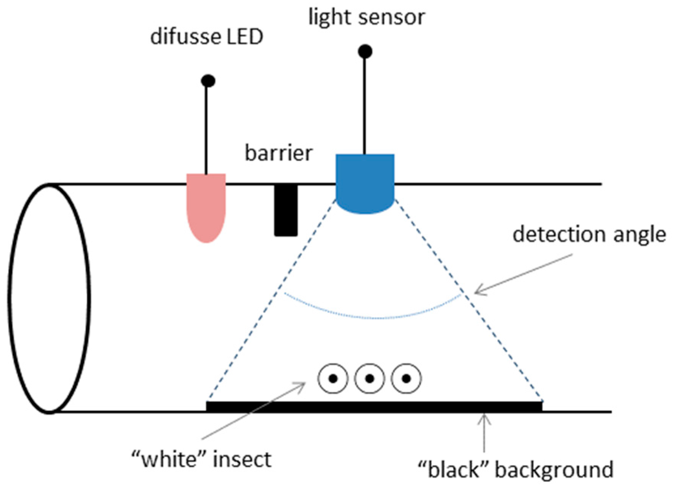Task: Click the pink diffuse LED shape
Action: click(206, 206)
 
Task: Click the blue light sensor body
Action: click(365, 181)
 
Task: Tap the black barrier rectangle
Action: click(286, 210)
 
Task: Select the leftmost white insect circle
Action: click(333, 378)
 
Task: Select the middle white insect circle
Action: click(369, 378)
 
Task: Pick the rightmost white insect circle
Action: click(406, 378)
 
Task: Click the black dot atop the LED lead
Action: click(208, 81)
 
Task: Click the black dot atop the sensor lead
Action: click(365, 51)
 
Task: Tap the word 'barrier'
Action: click(278, 153)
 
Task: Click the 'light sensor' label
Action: click(366, 18)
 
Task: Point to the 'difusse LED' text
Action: click(207, 37)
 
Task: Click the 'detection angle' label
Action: click(589, 234)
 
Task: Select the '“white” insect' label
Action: click(201, 459)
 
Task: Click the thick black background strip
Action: click(374, 406)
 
